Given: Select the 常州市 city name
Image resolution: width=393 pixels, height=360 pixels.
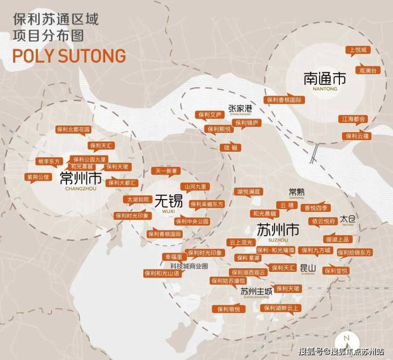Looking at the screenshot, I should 81,177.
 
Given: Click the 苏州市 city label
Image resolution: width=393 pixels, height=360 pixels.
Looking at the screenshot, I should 278,230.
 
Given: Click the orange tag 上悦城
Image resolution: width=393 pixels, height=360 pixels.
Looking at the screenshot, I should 356,50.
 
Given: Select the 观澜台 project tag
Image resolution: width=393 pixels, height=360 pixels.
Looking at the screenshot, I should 368,70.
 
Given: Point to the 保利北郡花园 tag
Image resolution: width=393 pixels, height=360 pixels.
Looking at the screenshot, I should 73,130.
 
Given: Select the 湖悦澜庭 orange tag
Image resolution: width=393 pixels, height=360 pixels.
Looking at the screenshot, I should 248,191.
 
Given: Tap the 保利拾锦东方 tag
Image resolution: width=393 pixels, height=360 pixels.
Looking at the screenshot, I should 354,252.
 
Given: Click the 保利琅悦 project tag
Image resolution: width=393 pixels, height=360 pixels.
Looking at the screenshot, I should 229,308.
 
